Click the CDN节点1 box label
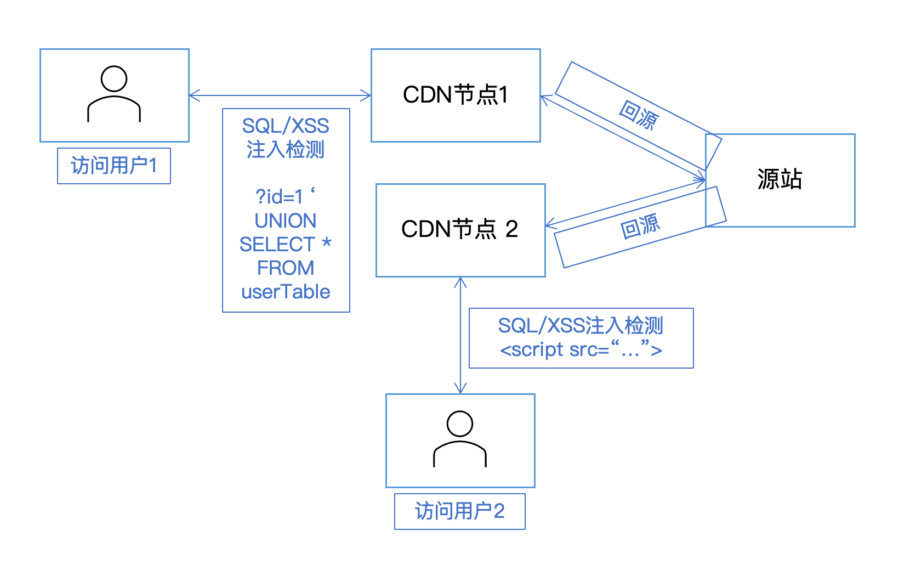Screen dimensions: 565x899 [x=456, y=95]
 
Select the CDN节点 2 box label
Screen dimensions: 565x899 [x=460, y=229]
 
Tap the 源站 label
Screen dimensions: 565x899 [x=779, y=179]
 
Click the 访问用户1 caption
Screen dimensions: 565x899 [x=114, y=166]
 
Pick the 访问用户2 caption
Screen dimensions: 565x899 [x=459, y=511]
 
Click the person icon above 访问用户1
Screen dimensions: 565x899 [x=114, y=94]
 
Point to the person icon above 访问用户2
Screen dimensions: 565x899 [x=460, y=439]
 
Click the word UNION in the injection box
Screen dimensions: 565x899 [x=286, y=221]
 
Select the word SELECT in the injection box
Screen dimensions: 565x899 [x=277, y=244]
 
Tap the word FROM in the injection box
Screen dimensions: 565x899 [x=286, y=268]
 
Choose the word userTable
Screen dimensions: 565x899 [x=286, y=292]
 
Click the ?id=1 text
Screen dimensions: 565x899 [x=280, y=196]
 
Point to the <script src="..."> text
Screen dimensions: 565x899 [x=581, y=350]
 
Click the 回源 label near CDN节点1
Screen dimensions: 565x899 [x=638, y=115]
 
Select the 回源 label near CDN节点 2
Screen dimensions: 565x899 [x=640, y=227]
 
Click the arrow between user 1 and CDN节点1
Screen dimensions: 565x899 [x=280, y=96]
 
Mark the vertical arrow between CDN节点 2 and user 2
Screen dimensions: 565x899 [x=460, y=335]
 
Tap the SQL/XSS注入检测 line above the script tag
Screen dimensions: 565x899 [x=581, y=325]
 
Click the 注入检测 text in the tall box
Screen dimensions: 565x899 [x=286, y=149]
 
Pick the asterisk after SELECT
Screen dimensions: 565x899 [x=327, y=243]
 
